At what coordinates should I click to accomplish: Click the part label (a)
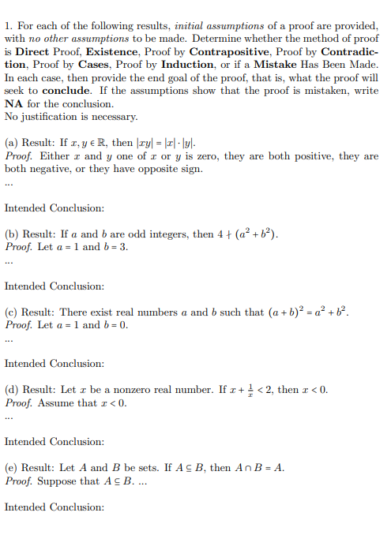[x=12, y=142]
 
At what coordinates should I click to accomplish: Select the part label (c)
[x=12, y=312]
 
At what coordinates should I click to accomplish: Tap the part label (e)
[x=12, y=467]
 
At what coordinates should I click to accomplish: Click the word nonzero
[x=132, y=390]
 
